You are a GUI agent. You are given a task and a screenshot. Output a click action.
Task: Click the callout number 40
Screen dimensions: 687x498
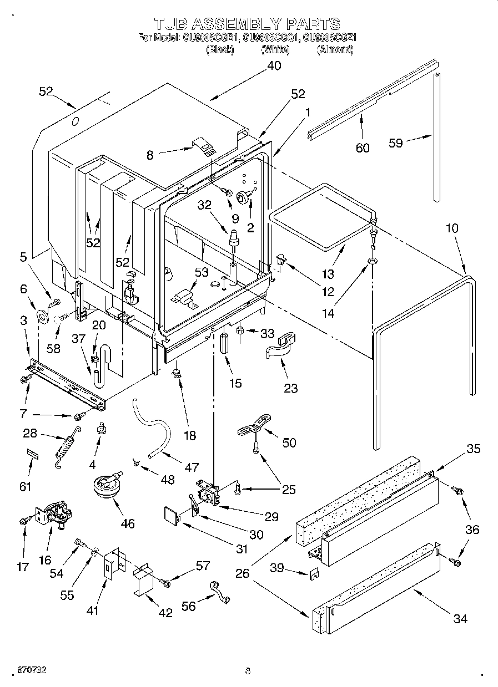pos(274,65)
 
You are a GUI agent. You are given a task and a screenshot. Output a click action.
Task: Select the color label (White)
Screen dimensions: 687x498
pos(275,50)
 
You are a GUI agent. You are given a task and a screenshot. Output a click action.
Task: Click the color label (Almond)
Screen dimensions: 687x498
pos(335,50)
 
